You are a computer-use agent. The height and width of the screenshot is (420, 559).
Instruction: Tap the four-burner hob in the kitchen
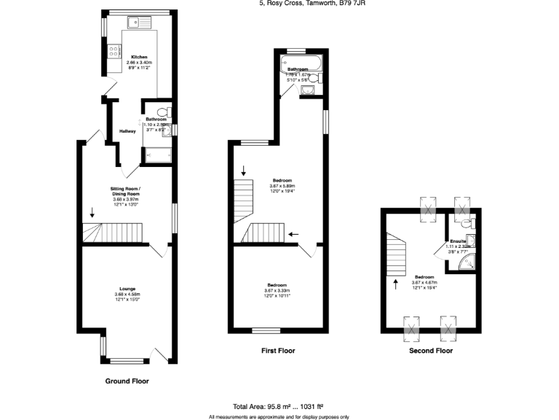(x=114, y=51)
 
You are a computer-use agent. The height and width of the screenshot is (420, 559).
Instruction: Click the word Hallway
(x=129, y=131)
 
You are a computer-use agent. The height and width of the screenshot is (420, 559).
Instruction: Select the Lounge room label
(x=127, y=289)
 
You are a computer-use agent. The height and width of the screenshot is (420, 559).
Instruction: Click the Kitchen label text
(x=139, y=57)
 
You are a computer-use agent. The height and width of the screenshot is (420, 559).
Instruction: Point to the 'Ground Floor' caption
(x=127, y=381)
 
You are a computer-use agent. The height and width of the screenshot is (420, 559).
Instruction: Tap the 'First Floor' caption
(x=278, y=351)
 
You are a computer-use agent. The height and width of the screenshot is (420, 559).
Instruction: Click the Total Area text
(x=278, y=405)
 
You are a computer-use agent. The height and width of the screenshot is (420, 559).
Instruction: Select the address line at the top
(x=305, y=3)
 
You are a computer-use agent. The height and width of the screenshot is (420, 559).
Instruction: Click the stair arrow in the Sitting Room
(x=92, y=214)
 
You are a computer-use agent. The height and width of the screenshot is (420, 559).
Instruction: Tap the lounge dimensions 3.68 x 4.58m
(x=127, y=295)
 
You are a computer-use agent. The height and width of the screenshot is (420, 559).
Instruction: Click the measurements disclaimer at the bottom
(x=279, y=416)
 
